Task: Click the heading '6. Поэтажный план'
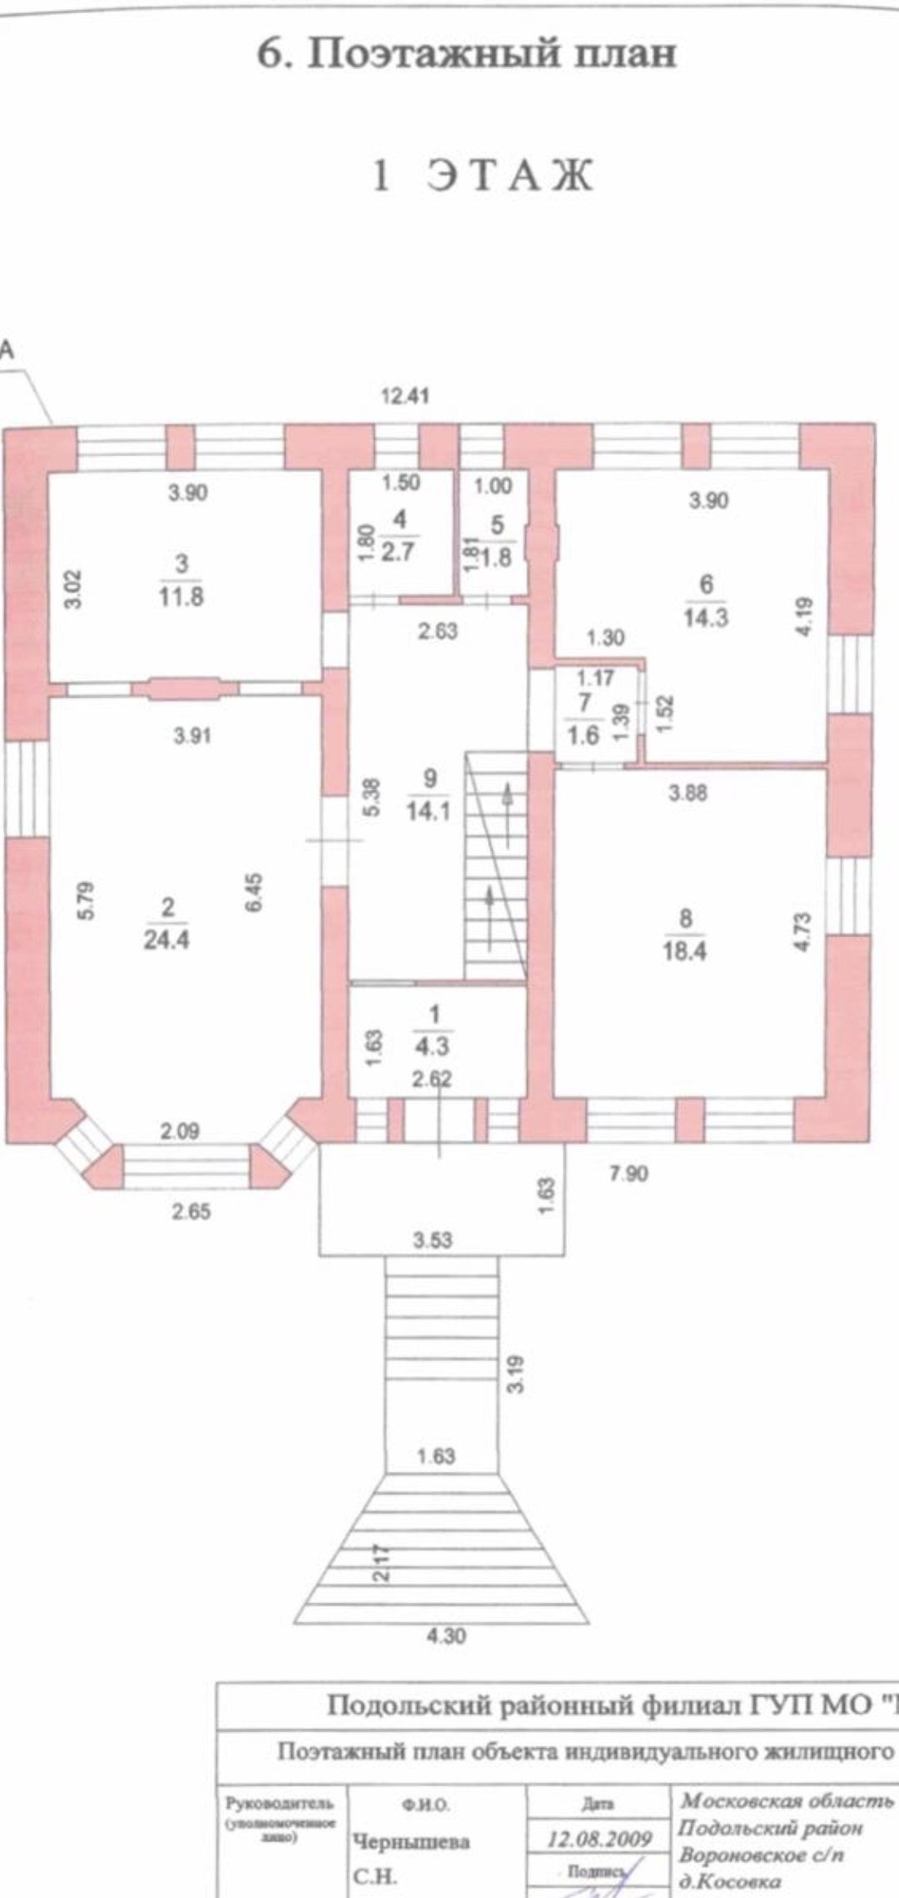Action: click(465, 55)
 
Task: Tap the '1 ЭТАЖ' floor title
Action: click(482, 176)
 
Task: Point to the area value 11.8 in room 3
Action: click(181, 597)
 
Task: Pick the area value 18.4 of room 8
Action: click(685, 951)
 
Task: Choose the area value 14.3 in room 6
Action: click(706, 618)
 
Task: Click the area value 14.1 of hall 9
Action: click(429, 810)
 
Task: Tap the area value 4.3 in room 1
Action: click(432, 1045)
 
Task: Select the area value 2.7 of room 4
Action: click(399, 552)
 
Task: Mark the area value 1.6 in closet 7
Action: click(584, 735)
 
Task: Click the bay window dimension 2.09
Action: click(180, 1131)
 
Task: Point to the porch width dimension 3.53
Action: click(433, 1240)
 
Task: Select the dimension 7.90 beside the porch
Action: click(628, 1174)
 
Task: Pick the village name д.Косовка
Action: click(730, 1881)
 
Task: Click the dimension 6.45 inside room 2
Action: click(254, 892)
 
